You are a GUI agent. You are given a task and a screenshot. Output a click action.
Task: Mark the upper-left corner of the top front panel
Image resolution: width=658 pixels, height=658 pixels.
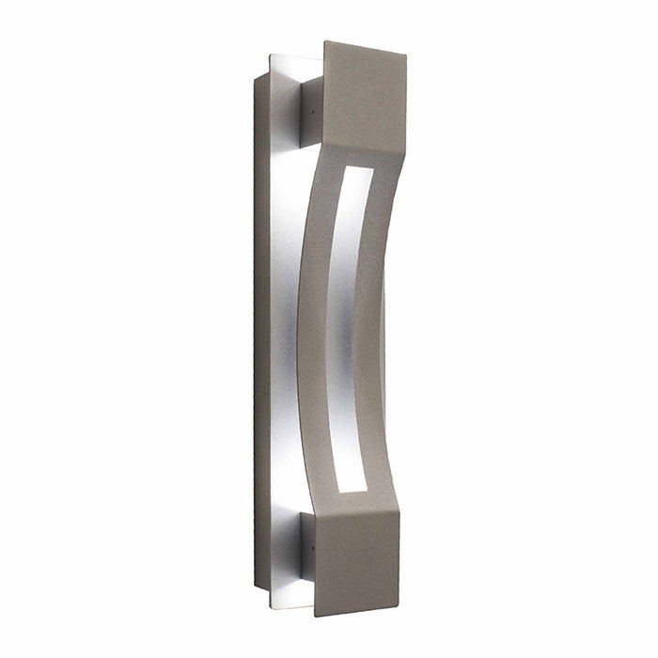click(325, 42)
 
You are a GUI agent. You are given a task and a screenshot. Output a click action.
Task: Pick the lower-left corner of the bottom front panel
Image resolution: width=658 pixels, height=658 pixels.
click(314, 615)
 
